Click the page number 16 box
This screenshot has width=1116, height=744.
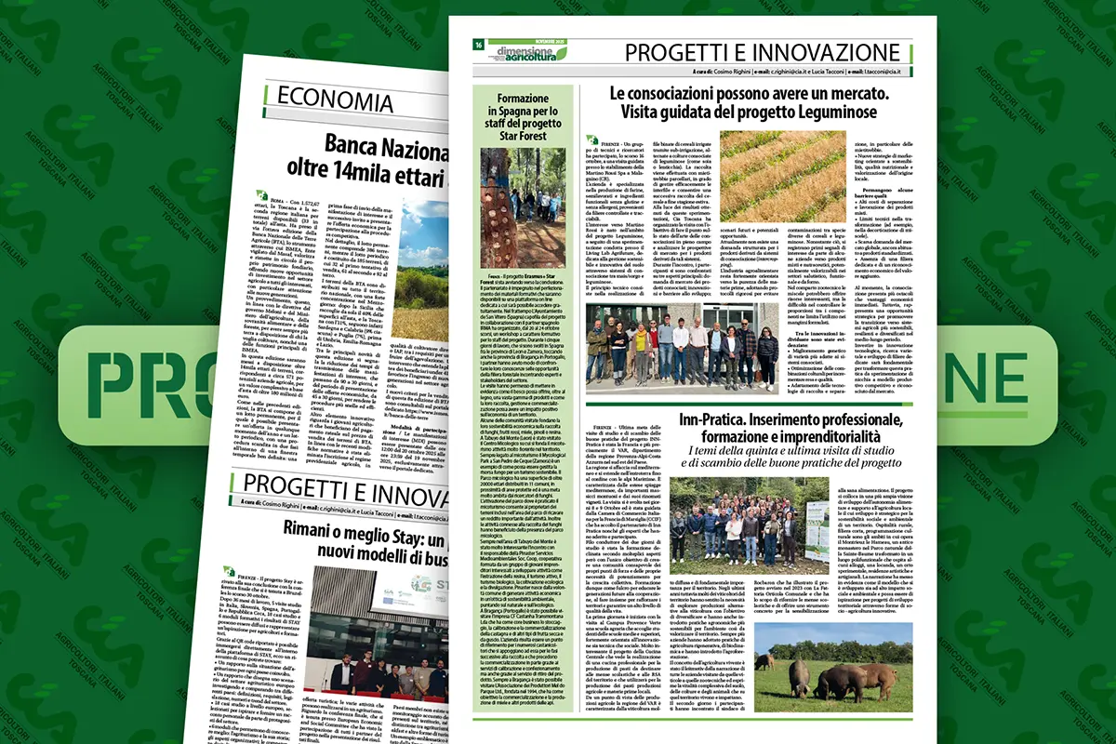[477, 44]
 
